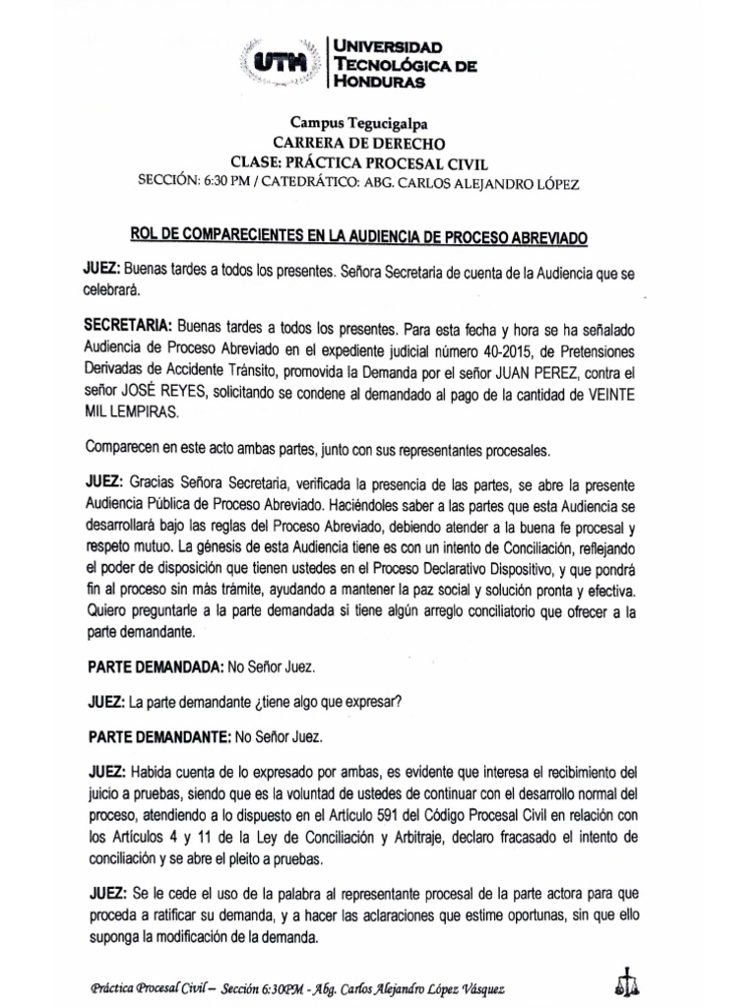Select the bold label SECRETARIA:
128,324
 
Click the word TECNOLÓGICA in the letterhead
393,65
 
